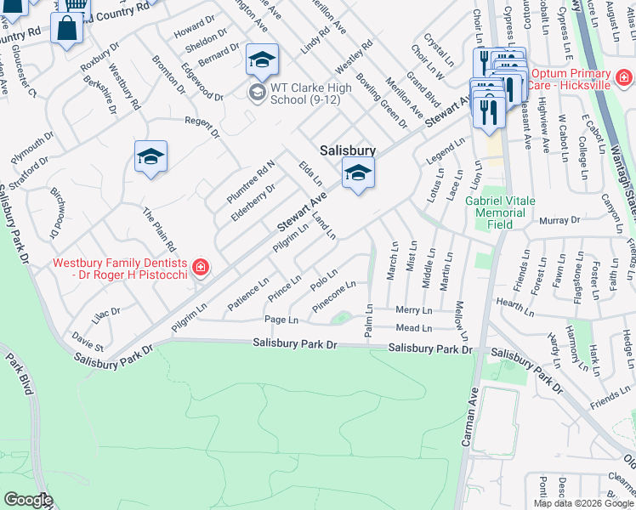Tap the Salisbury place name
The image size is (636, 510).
[x=348, y=150]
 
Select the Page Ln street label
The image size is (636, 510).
[x=281, y=320]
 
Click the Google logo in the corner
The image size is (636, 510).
[x=28, y=500]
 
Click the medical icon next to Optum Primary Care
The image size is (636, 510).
[x=624, y=78]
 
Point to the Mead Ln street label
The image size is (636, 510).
[x=414, y=328]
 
